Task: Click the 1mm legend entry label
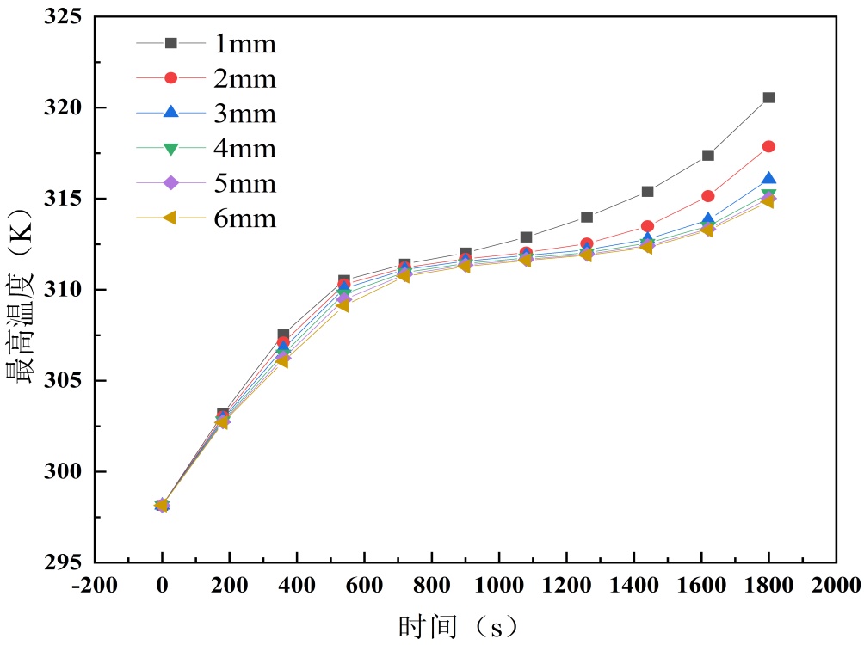pos(245,43)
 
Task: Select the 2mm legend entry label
pos(245,78)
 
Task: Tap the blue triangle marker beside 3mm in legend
pos(170,113)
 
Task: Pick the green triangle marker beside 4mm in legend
pos(170,148)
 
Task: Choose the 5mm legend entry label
pos(245,183)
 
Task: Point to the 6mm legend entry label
pos(245,218)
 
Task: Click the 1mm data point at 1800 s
pos(768,97)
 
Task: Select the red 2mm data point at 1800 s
pos(768,146)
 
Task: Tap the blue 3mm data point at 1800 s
pos(768,179)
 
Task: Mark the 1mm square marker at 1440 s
pos(647,191)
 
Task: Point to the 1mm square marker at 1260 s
pos(587,217)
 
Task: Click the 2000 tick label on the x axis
pos(836,587)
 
